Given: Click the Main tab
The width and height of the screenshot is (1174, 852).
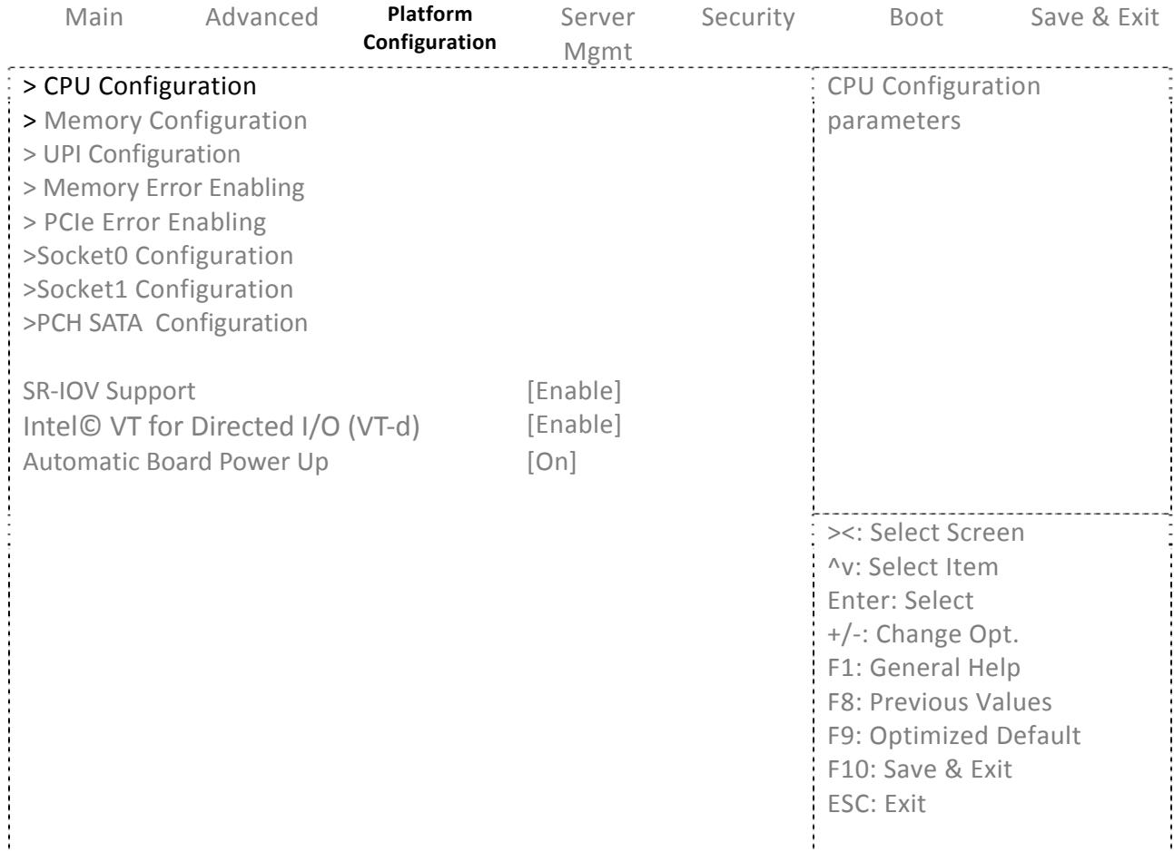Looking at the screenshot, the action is (94, 17).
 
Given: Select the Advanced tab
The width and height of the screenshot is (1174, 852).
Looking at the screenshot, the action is (261, 17).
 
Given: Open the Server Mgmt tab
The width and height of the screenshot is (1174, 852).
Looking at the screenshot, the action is (597, 34).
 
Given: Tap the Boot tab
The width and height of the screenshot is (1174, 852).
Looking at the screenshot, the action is (916, 17).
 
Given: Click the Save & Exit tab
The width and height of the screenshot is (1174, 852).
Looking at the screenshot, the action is (1094, 17).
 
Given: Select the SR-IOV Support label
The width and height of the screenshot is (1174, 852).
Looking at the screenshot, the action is (109, 391).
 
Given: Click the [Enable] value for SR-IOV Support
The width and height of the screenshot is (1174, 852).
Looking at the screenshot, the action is (574, 391).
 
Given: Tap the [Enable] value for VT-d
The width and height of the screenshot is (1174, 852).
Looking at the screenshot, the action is (574, 425).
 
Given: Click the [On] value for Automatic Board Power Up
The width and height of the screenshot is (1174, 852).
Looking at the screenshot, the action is (551, 462).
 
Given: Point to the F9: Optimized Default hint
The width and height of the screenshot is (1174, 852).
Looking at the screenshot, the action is (953, 736).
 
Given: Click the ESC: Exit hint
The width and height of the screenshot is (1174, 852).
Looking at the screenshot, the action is (876, 804).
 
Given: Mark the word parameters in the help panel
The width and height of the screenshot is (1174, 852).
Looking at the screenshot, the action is (893, 122).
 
